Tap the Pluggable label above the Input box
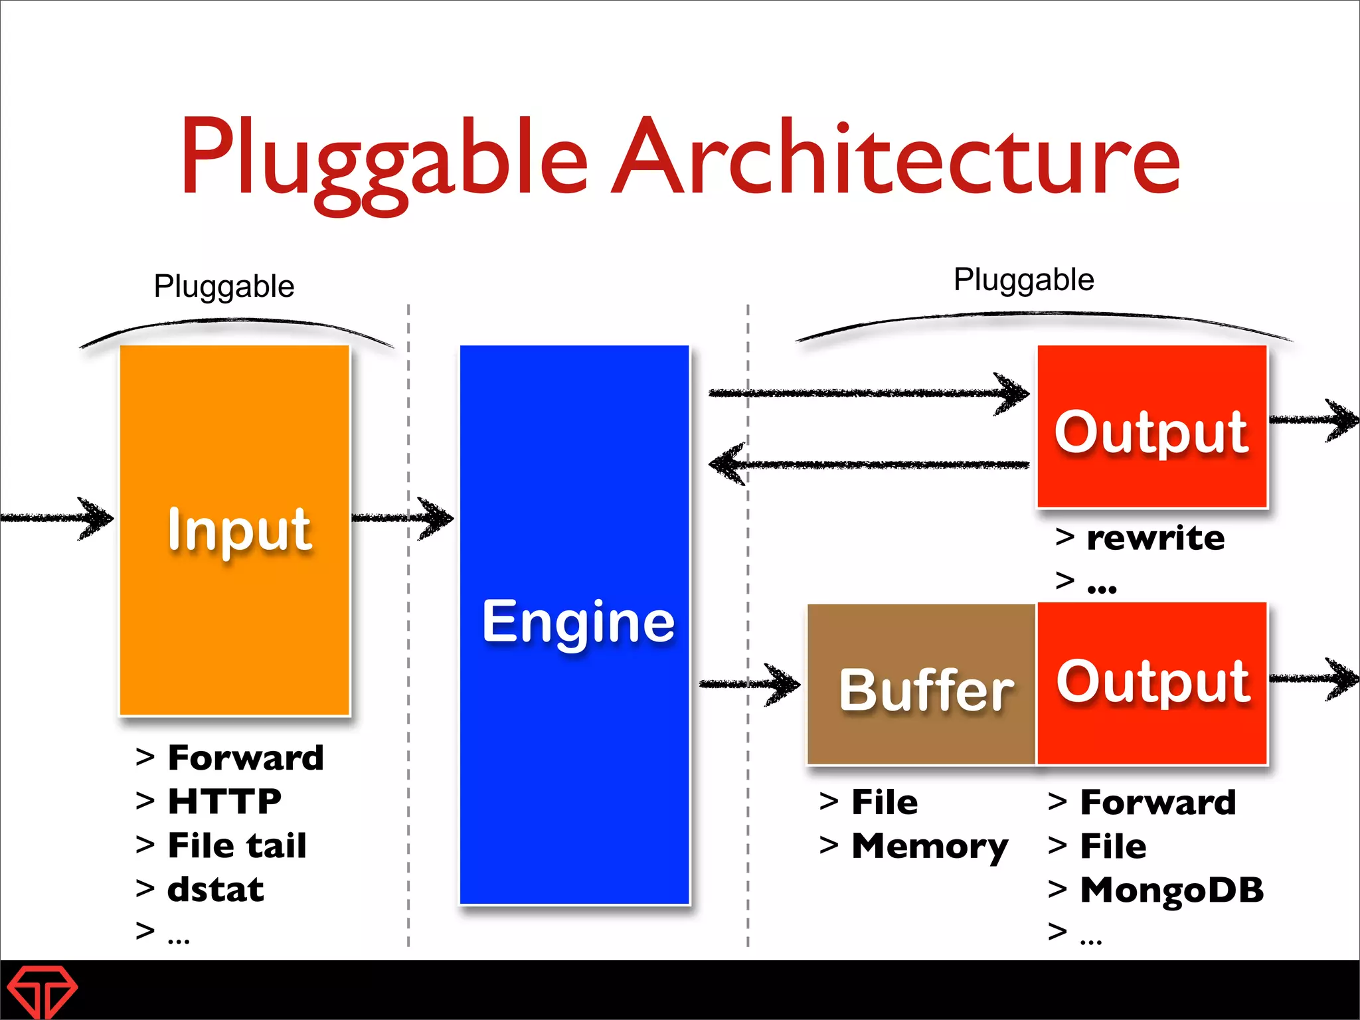pos(224,287)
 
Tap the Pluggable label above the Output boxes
pos(1023,280)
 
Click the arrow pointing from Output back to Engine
pos(870,464)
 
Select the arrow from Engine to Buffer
pos(750,684)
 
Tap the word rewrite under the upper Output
pos(1155,538)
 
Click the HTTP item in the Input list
pos(224,801)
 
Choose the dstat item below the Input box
pos(216,889)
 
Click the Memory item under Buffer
pos(930,846)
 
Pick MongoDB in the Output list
pos(1171,890)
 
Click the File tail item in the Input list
pos(237,845)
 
